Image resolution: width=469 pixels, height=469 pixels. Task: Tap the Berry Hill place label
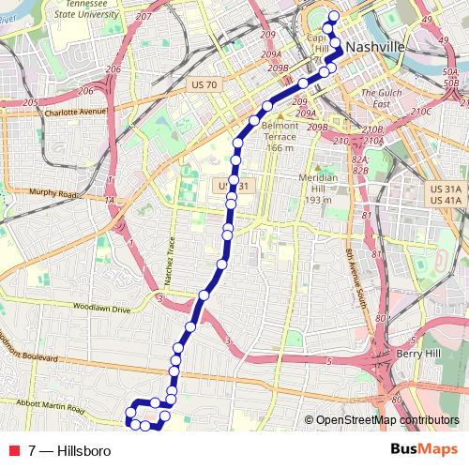click(416, 354)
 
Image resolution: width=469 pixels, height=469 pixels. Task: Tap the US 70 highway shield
click(204, 84)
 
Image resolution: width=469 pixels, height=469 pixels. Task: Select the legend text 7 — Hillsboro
click(70, 451)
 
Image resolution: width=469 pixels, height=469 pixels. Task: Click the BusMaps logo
click(423, 450)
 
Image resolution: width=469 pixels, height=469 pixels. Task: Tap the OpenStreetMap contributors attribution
click(386, 421)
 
